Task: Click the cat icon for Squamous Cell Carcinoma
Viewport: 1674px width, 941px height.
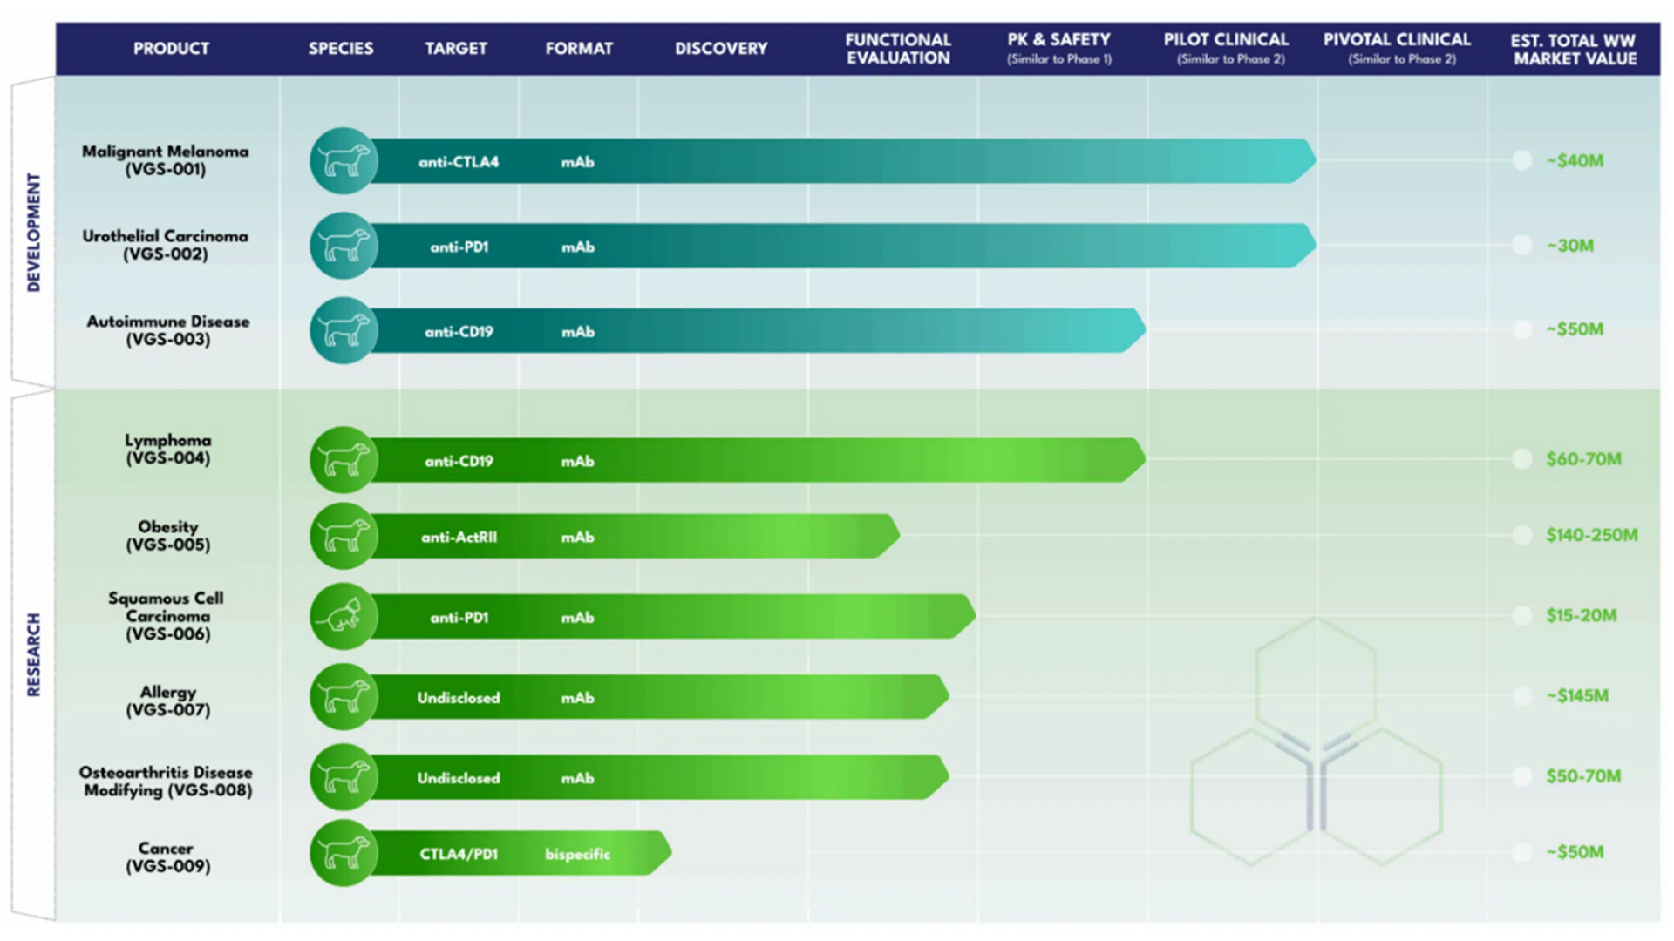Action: click(x=343, y=616)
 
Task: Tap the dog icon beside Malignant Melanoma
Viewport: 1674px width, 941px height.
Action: click(x=343, y=161)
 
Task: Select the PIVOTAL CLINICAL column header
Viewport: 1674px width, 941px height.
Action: click(x=1397, y=48)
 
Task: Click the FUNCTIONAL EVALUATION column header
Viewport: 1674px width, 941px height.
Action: click(x=897, y=49)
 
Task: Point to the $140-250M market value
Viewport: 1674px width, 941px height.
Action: click(x=1591, y=535)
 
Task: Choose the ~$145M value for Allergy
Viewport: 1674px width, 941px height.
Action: click(x=1577, y=696)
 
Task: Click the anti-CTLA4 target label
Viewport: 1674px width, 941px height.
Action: click(x=459, y=162)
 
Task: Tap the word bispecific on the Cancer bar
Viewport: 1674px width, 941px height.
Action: click(x=577, y=854)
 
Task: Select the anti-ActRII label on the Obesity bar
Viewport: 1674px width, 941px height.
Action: click(x=459, y=538)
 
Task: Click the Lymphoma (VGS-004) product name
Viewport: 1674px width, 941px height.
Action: click(x=167, y=450)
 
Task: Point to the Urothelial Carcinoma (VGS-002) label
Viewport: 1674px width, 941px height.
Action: click(x=165, y=245)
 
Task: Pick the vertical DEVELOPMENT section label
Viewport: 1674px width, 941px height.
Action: click(x=34, y=232)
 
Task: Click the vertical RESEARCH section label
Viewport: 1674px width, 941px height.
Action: click(x=34, y=654)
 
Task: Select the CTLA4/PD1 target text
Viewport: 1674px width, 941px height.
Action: click(x=459, y=854)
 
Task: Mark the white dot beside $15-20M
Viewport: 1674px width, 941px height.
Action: click(x=1522, y=616)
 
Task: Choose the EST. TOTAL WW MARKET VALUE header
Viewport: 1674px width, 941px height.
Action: click(x=1574, y=50)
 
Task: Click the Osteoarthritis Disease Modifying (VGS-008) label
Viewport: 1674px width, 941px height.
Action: click(x=167, y=782)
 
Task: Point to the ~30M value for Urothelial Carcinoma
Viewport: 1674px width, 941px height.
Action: click(x=1570, y=246)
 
